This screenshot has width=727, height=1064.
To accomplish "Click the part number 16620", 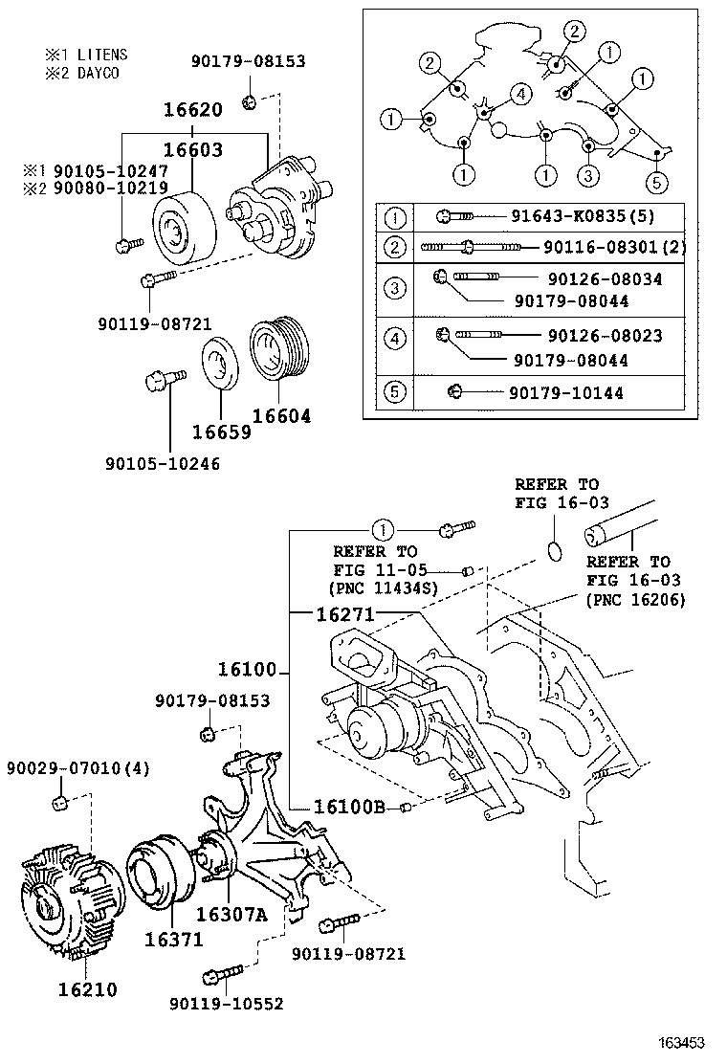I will point(192,111).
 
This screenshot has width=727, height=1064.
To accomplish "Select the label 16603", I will point(192,150).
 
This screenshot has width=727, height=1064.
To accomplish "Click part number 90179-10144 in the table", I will point(566,392).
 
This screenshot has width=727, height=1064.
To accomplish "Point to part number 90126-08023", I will point(606,337).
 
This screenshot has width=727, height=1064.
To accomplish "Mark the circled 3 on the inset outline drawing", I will point(589,175).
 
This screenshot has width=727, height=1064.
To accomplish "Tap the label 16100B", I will point(348,807).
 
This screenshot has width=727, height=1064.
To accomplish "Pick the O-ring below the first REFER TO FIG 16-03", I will point(553,550).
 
